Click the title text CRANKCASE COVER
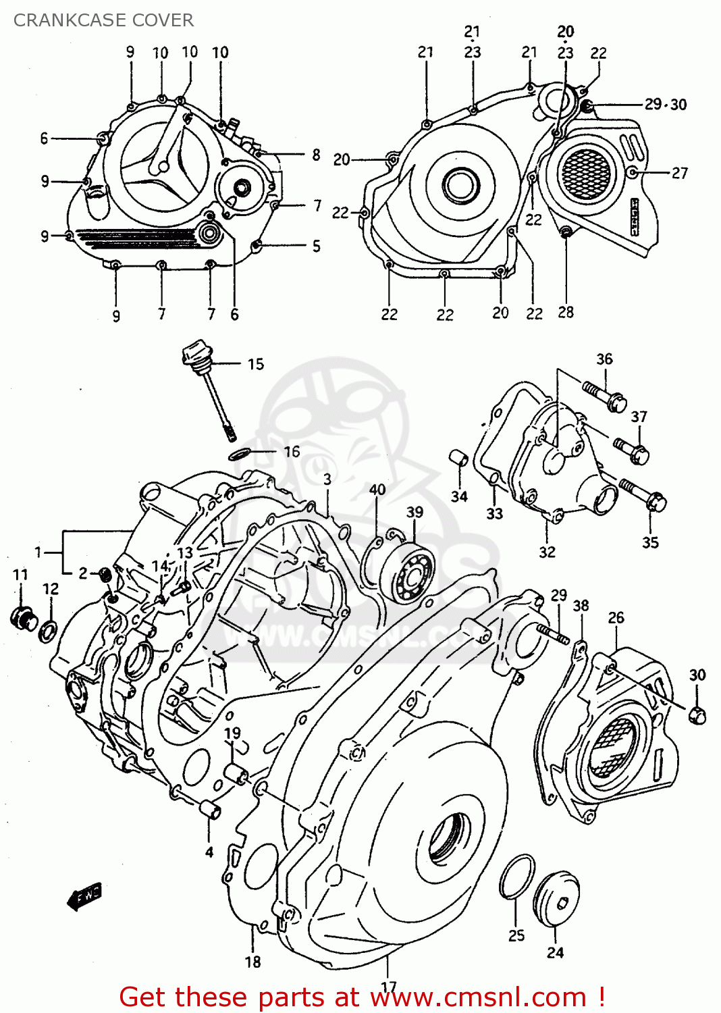[x=103, y=20]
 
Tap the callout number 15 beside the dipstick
[x=255, y=365]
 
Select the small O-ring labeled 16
[x=241, y=453]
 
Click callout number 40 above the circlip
[x=377, y=490]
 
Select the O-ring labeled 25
[x=517, y=877]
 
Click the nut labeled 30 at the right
[x=697, y=715]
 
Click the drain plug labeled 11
[x=24, y=617]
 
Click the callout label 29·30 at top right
[x=665, y=105]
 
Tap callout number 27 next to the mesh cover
[x=679, y=173]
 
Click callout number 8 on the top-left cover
[x=316, y=155]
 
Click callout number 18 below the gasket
[x=252, y=962]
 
